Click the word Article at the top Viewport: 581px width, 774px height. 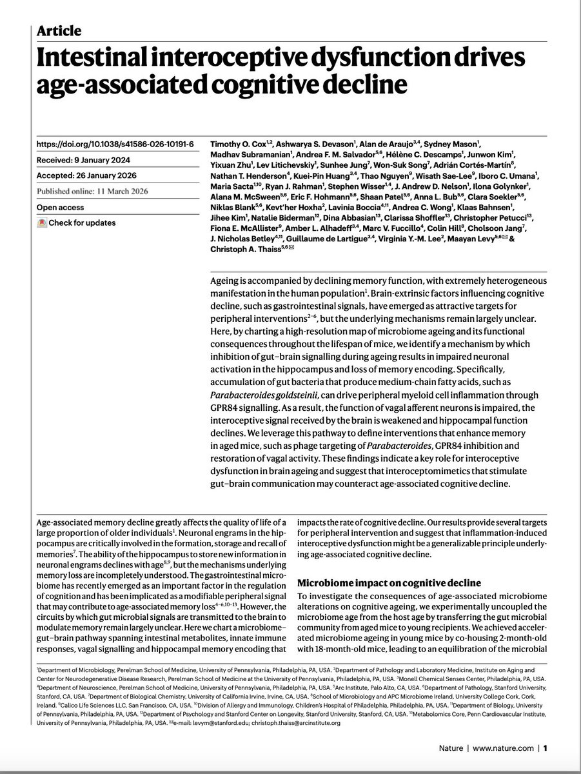click(x=59, y=30)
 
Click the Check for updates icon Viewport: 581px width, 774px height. click(x=43, y=223)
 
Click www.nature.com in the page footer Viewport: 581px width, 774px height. click(x=507, y=748)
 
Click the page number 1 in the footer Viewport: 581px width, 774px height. click(x=546, y=748)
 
